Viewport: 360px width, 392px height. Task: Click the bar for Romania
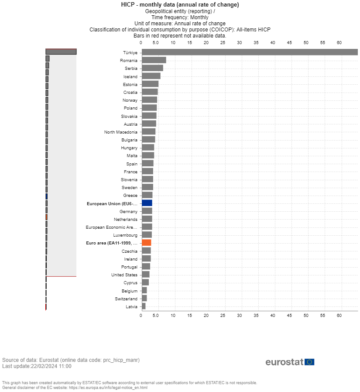(x=154, y=60)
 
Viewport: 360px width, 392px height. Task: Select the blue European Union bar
(x=147, y=203)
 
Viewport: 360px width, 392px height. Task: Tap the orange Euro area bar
(x=147, y=243)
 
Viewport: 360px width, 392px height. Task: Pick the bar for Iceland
(x=151, y=76)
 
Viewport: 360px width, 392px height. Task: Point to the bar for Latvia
(x=144, y=306)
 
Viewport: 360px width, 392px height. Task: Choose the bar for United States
(x=146, y=275)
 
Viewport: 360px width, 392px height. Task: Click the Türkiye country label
(x=130, y=52)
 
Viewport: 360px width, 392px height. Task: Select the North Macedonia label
(x=120, y=132)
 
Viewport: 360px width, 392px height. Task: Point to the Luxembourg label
(x=125, y=235)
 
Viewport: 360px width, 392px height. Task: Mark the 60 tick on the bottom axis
(x=339, y=315)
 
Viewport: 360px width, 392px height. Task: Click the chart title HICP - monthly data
(x=180, y=4)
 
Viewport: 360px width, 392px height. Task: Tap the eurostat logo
(x=290, y=362)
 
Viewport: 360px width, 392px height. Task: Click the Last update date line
(x=37, y=366)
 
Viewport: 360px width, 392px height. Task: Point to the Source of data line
(x=71, y=360)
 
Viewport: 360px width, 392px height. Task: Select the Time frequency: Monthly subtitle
(x=180, y=17)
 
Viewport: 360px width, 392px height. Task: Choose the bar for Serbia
(x=152, y=69)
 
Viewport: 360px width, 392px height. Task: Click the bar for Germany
(x=147, y=211)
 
